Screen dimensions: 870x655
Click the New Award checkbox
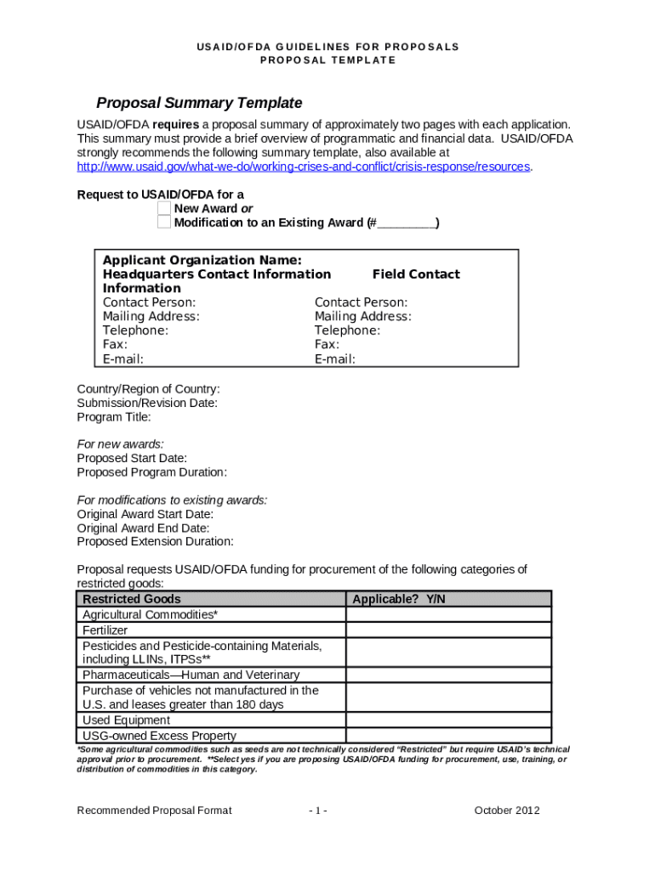point(164,208)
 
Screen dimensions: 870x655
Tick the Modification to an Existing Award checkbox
point(164,223)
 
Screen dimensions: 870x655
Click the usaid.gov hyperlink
point(304,167)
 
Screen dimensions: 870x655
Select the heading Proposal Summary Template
point(199,103)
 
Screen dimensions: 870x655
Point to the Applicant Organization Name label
point(202,260)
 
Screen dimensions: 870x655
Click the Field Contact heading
point(416,274)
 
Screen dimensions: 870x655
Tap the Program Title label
point(114,417)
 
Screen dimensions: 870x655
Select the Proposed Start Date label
point(132,458)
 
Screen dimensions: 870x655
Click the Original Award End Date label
point(143,528)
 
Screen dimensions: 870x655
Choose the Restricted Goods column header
point(131,599)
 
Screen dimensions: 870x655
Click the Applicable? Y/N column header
point(398,599)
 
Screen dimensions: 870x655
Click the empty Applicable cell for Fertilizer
point(448,630)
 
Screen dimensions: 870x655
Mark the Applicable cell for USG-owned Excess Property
point(448,736)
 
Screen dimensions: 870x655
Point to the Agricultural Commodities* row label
point(150,614)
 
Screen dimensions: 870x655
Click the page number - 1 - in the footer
point(318,811)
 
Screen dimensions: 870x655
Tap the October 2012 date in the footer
point(506,811)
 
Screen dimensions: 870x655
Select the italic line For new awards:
point(120,444)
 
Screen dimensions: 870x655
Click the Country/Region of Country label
point(148,389)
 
